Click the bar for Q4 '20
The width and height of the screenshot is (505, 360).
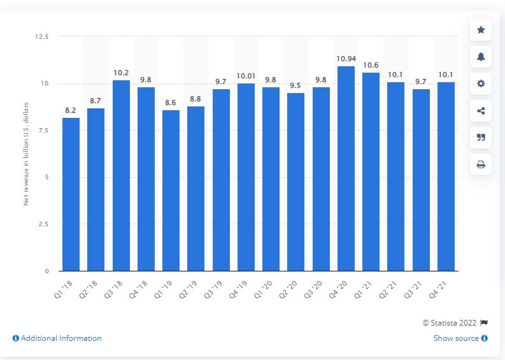pyautogui.click(x=346, y=169)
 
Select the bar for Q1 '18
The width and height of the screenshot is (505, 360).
pyautogui.click(x=71, y=194)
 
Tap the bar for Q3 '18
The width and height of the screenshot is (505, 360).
pyautogui.click(x=121, y=176)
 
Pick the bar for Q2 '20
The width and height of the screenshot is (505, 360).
pyautogui.click(x=296, y=182)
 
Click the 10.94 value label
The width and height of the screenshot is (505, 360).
pyautogui.click(x=346, y=59)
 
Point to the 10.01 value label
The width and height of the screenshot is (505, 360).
pyautogui.click(x=246, y=76)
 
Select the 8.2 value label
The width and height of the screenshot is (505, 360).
pyautogui.click(x=71, y=110)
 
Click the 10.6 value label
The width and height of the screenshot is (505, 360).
pyautogui.click(x=371, y=66)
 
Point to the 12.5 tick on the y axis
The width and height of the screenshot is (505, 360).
pyautogui.click(x=42, y=37)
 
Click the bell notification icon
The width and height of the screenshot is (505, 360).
pyautogui.click(x=481, y=57)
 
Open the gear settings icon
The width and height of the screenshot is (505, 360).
pyautogui.click(x=481, y=83)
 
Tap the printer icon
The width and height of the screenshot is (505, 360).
pyautogui.click(x=481, y=164)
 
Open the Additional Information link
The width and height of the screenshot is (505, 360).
pyautogui.click(x=57, y=338)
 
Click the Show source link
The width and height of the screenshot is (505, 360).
pyautogui.click(x=460, y=338)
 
